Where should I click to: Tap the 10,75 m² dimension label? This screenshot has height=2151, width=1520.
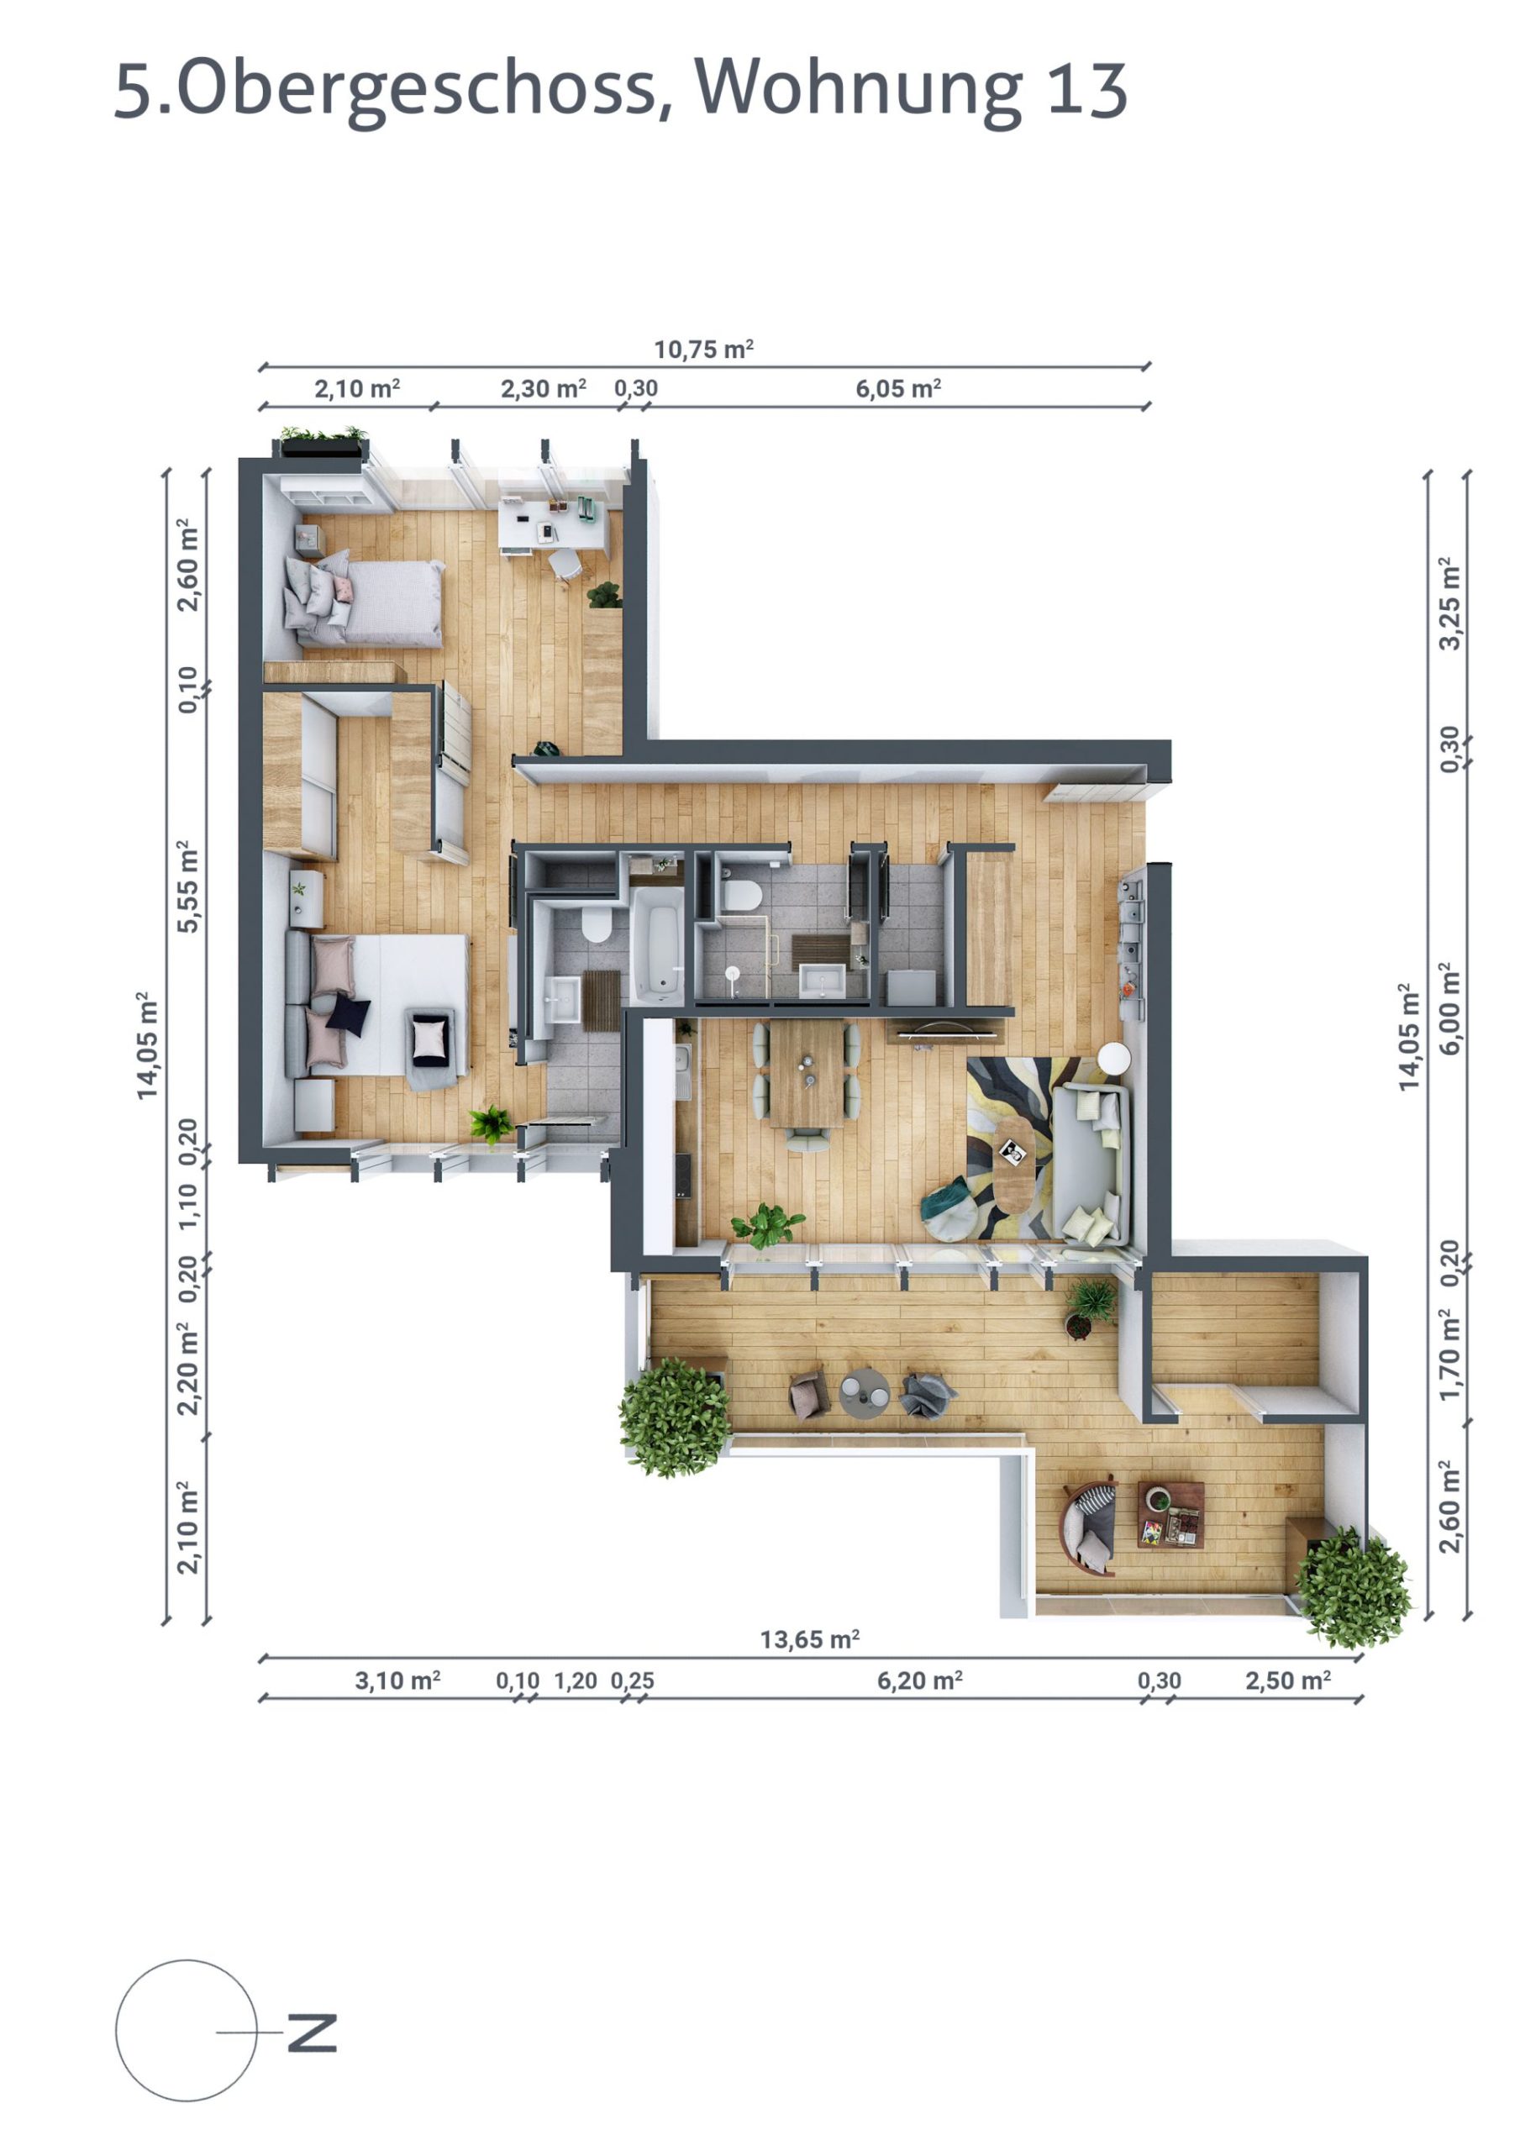[702, 350]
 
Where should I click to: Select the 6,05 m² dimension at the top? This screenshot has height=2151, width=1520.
[897, 389]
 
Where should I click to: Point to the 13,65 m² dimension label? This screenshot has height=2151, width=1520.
[808, 1639]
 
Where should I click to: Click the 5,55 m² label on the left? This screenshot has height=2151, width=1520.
[188, 886]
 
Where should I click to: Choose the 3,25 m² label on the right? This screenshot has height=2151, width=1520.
[1449, 603]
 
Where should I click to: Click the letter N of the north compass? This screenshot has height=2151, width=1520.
[312, 2032]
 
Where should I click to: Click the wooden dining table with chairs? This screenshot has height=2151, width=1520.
[807, 1072]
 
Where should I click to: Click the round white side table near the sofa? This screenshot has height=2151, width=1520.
[1114, 1059]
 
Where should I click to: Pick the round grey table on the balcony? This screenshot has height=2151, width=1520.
[864, 1393]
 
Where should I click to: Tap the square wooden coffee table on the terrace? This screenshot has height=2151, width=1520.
[1170, 1514]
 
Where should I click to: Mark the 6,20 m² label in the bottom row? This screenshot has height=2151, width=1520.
[919, 1680]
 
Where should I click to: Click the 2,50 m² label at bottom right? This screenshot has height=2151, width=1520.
[1287, 1680]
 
